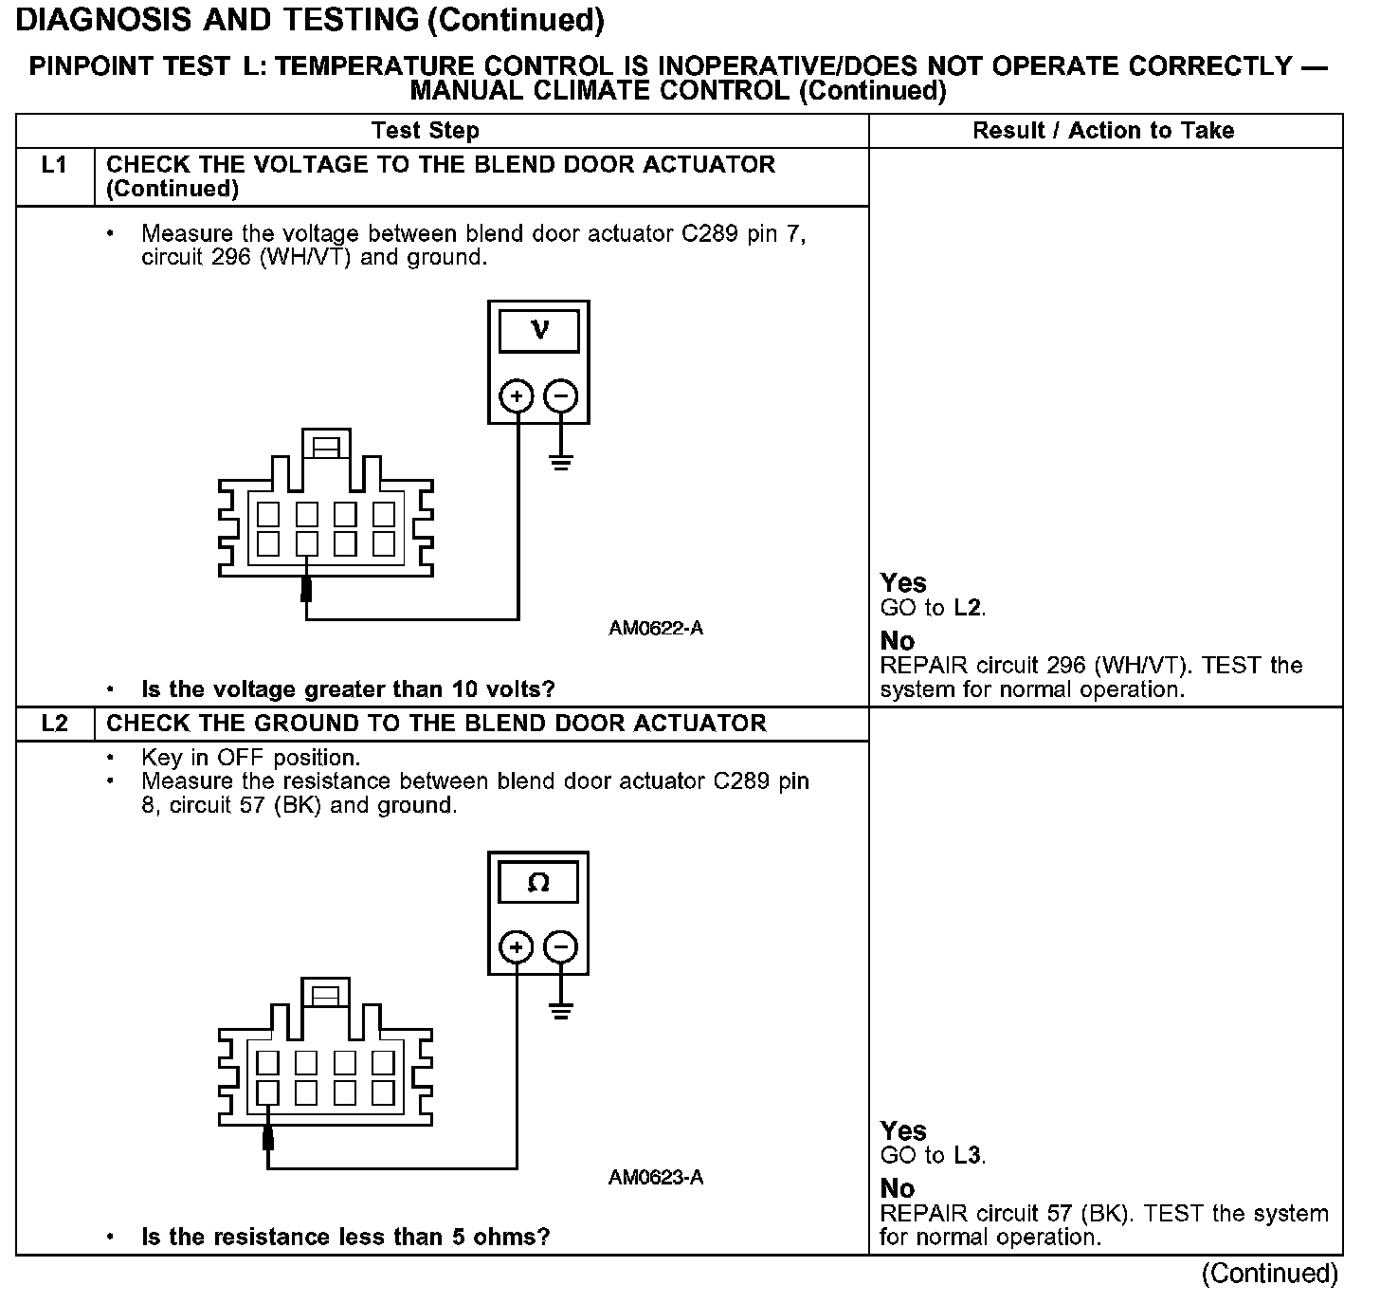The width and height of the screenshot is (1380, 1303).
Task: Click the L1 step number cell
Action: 55,166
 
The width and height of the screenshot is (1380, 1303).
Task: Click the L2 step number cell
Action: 55,724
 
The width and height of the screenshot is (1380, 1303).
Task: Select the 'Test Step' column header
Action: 425,131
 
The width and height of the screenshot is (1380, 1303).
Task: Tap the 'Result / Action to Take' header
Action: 1103,131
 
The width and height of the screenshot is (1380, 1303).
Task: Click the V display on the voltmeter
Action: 538,330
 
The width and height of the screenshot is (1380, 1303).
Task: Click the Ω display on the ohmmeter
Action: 538,883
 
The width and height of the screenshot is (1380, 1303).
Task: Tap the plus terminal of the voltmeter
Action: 517,395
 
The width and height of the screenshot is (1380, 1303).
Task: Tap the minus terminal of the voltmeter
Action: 561,395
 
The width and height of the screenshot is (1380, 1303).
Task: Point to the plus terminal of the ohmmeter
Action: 517,946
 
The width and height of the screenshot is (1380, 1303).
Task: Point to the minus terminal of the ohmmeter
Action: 561,946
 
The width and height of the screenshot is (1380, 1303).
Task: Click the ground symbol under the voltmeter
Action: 561,463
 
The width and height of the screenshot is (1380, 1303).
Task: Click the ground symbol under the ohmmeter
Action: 561,1012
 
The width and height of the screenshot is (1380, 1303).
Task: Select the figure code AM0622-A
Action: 656,629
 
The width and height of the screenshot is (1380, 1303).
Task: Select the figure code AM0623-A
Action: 656,1178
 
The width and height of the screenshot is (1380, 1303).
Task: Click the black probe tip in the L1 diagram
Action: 306,589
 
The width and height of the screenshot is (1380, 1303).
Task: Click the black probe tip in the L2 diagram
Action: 268,1137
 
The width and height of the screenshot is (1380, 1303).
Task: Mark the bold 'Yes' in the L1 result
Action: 903,582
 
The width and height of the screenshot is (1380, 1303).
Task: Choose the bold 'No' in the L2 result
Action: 898,1188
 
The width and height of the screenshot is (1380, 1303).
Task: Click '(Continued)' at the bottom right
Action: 1270,1274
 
